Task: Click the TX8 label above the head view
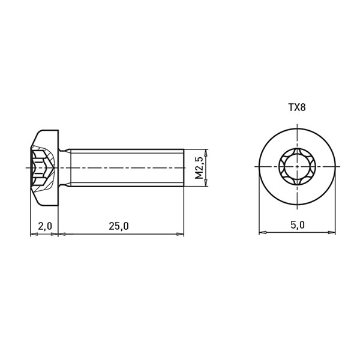[297, 107]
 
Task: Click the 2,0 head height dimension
[45, 226]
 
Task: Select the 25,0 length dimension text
[119, 226]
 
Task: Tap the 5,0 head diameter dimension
[298, 225]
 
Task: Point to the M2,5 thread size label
[199, 168]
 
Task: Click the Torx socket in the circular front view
[298, 166]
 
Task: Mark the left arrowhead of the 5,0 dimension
[263, 232]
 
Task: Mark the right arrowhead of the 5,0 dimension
[332, 232]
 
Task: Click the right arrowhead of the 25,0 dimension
[180, 234]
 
